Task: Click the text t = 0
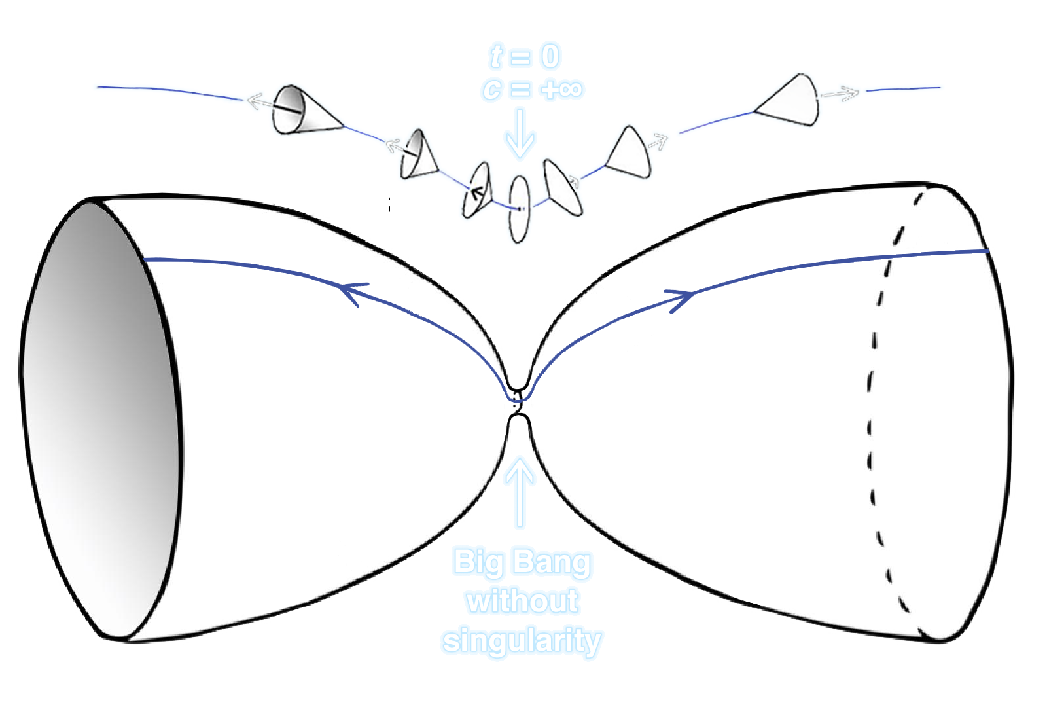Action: click(527, 58)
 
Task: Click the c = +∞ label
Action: click(532, 90)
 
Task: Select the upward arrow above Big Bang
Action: click(520, 491)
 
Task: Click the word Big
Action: click(479, 562)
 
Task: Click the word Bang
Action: click(552, 563)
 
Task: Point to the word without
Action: click(523, 601)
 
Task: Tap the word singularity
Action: click(522, 640)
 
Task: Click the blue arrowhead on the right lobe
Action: click(681, 300)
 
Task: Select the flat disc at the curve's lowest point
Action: click(520, 209)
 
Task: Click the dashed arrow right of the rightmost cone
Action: click(842, 94)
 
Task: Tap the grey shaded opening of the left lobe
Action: click(98, 419)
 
